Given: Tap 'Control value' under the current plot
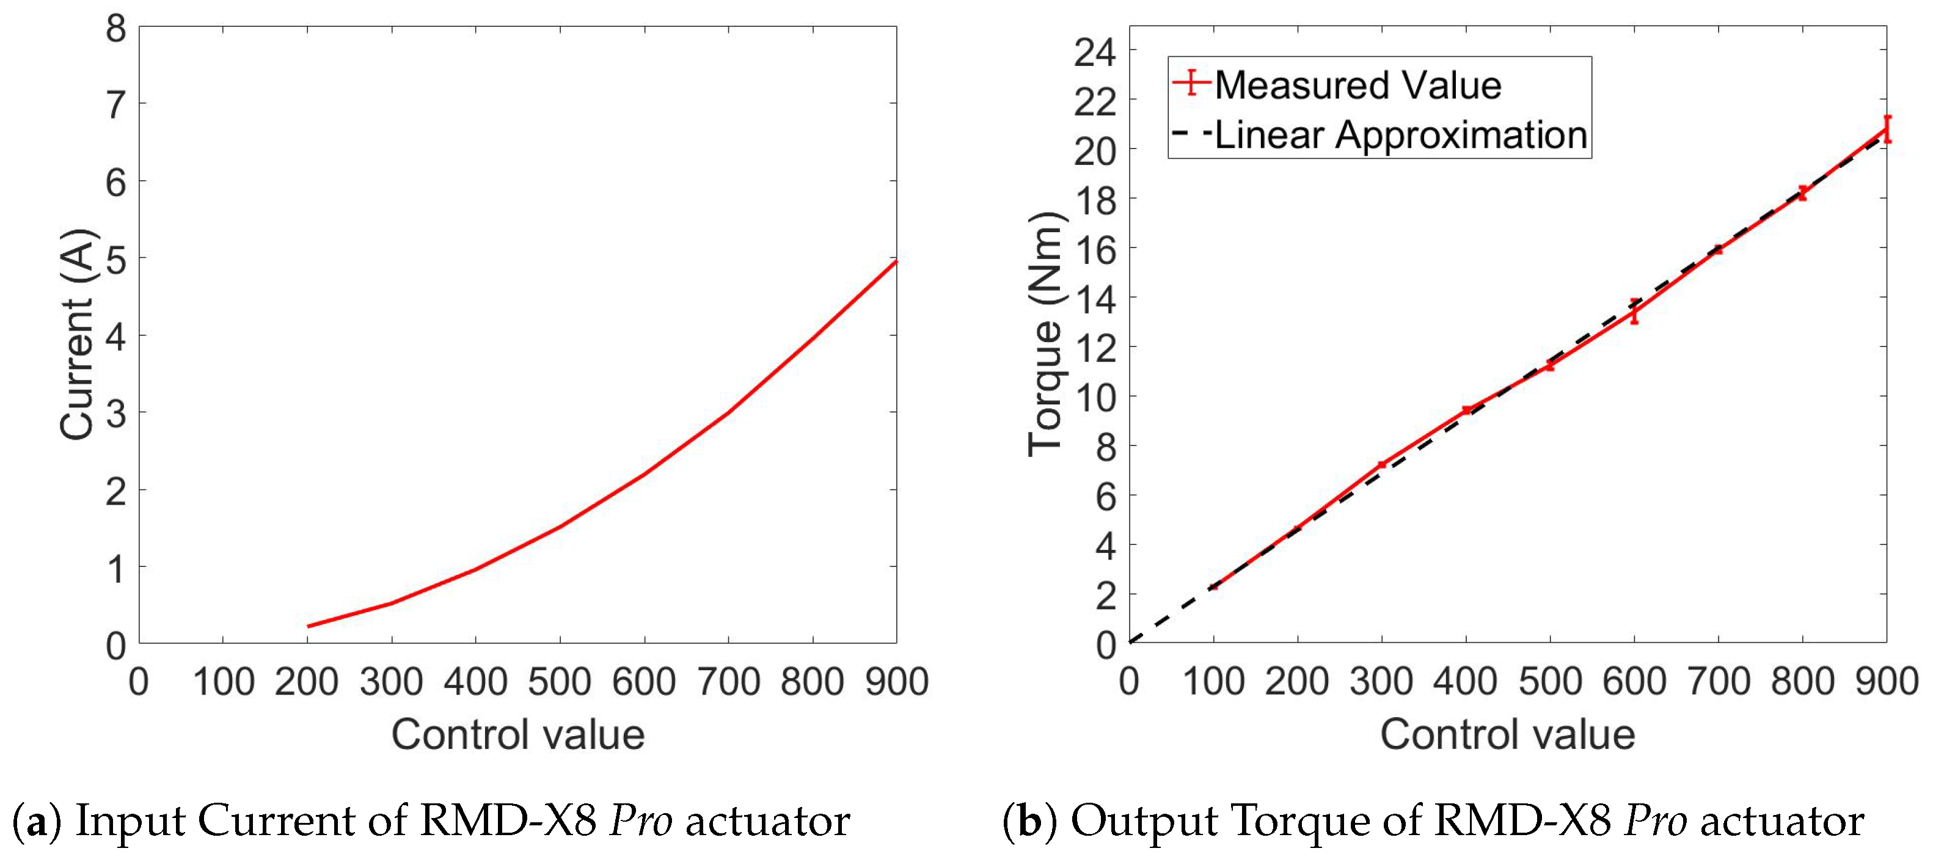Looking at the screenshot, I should (517, 734).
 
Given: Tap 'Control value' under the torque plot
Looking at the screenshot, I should (1507, 734).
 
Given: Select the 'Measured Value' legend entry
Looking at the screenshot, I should (1357, 84).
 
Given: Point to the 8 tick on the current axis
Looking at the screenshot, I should (115, 29).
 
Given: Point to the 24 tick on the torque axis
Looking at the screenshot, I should (1094, 52).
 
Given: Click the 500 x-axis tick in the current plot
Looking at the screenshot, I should (559, 682).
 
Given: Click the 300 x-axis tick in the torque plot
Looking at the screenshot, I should (1381, 682).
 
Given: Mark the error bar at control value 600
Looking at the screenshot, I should (1634, 311).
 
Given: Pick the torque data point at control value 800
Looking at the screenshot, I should (1802, 193).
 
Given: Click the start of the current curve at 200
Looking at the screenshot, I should (309, 626).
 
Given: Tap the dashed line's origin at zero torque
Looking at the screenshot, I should (1130, 642).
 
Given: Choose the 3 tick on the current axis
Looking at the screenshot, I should (115, 414).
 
